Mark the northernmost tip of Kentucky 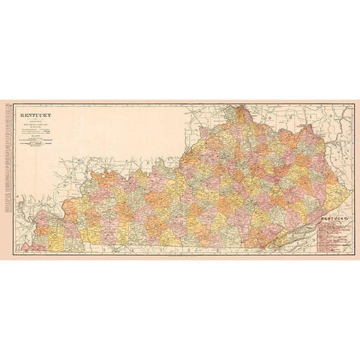click(x=241, y=108)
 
